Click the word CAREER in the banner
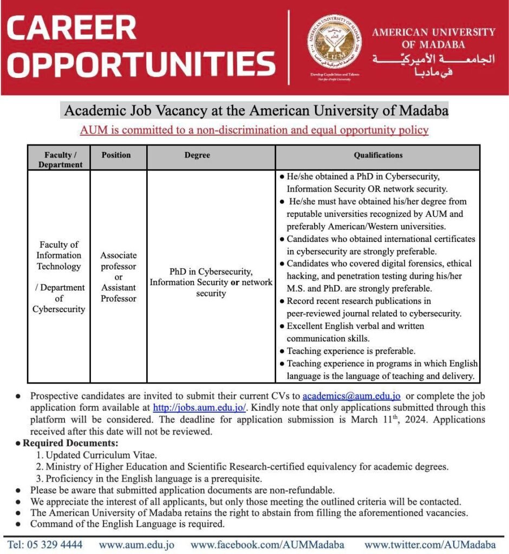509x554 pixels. point(71,28)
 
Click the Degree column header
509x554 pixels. point(197,155)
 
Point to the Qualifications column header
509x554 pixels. point(378,155)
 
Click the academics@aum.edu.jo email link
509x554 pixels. point(351,397)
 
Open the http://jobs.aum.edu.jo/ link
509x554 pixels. point(200,407)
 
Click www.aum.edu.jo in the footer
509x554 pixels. point(136,545)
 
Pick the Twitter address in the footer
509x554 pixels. point(430,545)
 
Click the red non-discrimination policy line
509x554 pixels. point(254,130)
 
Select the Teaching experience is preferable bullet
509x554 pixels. point(351,351)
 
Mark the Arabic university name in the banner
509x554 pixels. point(433,64)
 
